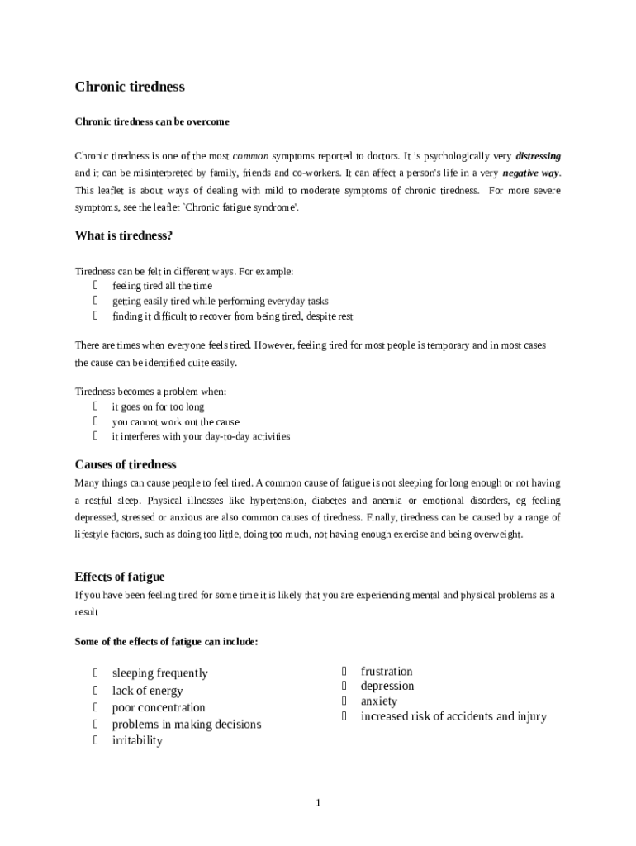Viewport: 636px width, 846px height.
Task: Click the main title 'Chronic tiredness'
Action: coord(130,87)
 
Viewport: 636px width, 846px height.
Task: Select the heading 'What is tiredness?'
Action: coord(124,235)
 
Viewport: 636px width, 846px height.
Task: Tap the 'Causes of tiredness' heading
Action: coord(126,464)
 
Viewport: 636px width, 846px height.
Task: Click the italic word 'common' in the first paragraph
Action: coord(249,155)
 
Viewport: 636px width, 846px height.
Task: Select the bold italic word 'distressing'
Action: coord(538,155)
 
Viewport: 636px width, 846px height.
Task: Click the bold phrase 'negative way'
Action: coord(530,173)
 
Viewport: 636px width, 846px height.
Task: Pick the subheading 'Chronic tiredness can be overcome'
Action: coord(152,121)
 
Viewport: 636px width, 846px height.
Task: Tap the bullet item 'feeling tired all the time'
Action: coord(162,286)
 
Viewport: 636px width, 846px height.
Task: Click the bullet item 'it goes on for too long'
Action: coord(158,406)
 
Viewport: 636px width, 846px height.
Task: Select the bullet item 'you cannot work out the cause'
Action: coord(175,421)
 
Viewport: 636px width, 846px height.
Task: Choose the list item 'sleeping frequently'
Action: coord(159,673)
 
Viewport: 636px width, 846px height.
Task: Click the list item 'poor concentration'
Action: coord(159,707)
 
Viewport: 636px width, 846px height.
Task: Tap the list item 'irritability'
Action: coord(137,740)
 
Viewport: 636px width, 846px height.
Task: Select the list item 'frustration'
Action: coord(387,671)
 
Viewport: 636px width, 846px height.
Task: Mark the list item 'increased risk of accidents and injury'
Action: coord(453,716)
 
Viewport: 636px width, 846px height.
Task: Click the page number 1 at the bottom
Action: coord(318,802)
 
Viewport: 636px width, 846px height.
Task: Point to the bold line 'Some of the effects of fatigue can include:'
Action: coord(166,641)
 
